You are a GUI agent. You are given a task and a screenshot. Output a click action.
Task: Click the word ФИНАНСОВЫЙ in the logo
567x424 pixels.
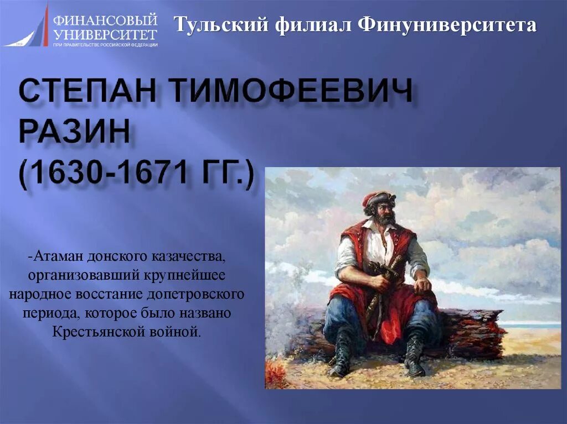coord(105,21)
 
